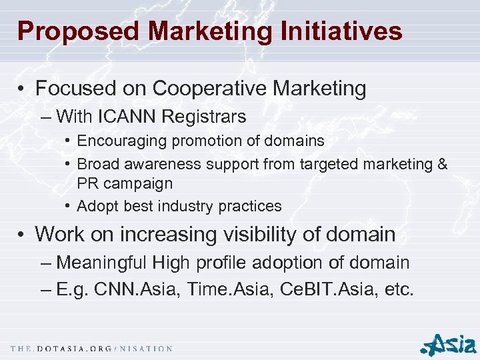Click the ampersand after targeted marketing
coord(442,163)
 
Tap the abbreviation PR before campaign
coord(88,183)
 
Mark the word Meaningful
coord(103,263)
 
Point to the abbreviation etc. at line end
coord(399,290)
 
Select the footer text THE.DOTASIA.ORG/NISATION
coord(92,349)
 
